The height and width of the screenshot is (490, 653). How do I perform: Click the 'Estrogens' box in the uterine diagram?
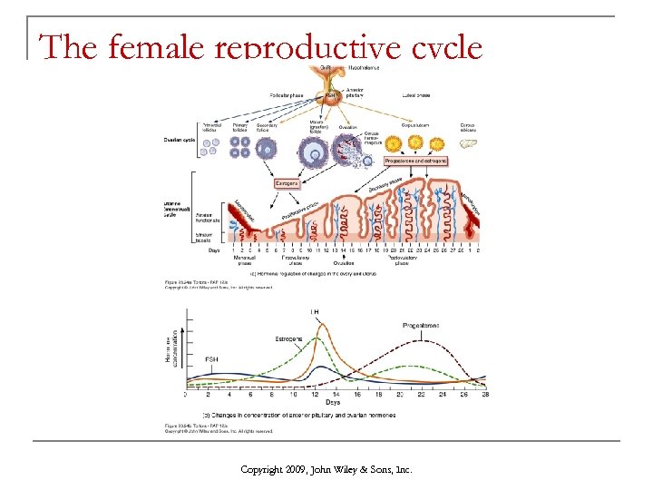tap(288, 183)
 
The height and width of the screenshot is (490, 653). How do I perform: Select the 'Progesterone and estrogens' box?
tap(415, 161)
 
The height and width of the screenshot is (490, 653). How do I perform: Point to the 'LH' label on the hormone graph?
tap(315, 313)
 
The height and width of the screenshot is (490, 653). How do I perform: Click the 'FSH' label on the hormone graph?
tap(210, 358)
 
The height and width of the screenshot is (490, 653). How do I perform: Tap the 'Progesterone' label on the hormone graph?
tap(422, 325)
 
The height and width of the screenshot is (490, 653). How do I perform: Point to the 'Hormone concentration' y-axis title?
tap(170, 348)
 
